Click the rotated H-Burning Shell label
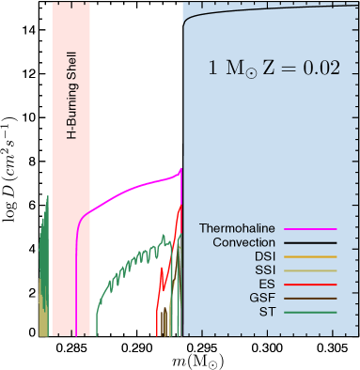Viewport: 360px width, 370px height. click(70, 95)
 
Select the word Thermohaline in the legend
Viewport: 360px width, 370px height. click(237, 228)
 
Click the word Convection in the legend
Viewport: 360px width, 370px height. click(243, 244)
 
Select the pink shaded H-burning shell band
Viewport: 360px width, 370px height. click(70, 235)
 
